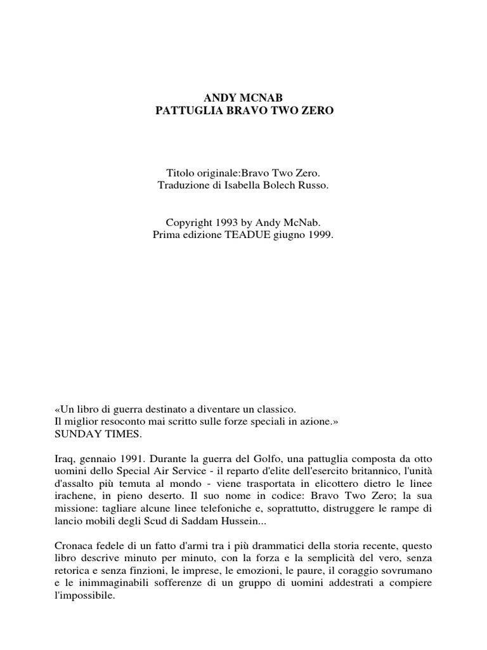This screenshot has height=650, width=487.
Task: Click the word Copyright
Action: click(190, 223)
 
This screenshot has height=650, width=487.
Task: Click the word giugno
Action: click(289, 235)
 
